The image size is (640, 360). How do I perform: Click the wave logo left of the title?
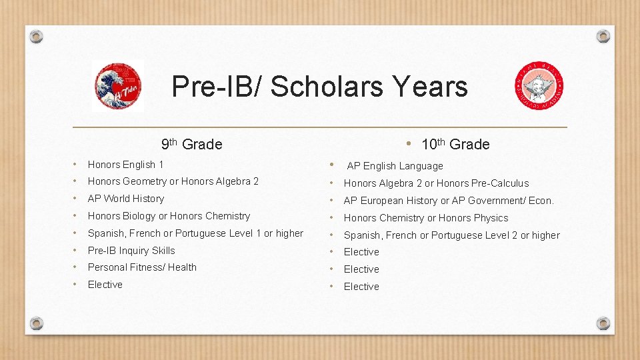click(x=117, y=86)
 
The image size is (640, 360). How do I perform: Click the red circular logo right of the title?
click(x=539, y=86)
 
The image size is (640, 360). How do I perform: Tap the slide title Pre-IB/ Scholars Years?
click(x=319, y=87)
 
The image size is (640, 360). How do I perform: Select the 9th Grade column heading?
click(x=192, y=144)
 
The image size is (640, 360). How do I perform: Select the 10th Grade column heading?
click(x=455, y=144)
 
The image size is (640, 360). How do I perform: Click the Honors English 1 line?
click(x=126, y=165)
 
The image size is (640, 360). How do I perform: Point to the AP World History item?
click(x=126, y=199)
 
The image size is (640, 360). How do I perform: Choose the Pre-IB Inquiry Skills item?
click(x=131, y=251)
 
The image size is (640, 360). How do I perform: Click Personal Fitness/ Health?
click(x=142, y=267)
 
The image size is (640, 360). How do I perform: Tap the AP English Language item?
click(x=395, y=166)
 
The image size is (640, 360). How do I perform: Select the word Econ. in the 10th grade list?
click(x=541, y=201)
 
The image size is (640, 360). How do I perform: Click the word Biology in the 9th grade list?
click(x=141, y=216)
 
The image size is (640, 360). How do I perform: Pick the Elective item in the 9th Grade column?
click(x=105, y=285)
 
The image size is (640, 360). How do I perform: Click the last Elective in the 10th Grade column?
click(x=361, y=287)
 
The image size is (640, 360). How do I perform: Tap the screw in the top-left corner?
click(x=37, y=36)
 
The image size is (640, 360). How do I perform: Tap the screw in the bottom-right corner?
click(x=603, y=323)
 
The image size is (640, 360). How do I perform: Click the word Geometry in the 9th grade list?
click(x=144, y=181)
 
